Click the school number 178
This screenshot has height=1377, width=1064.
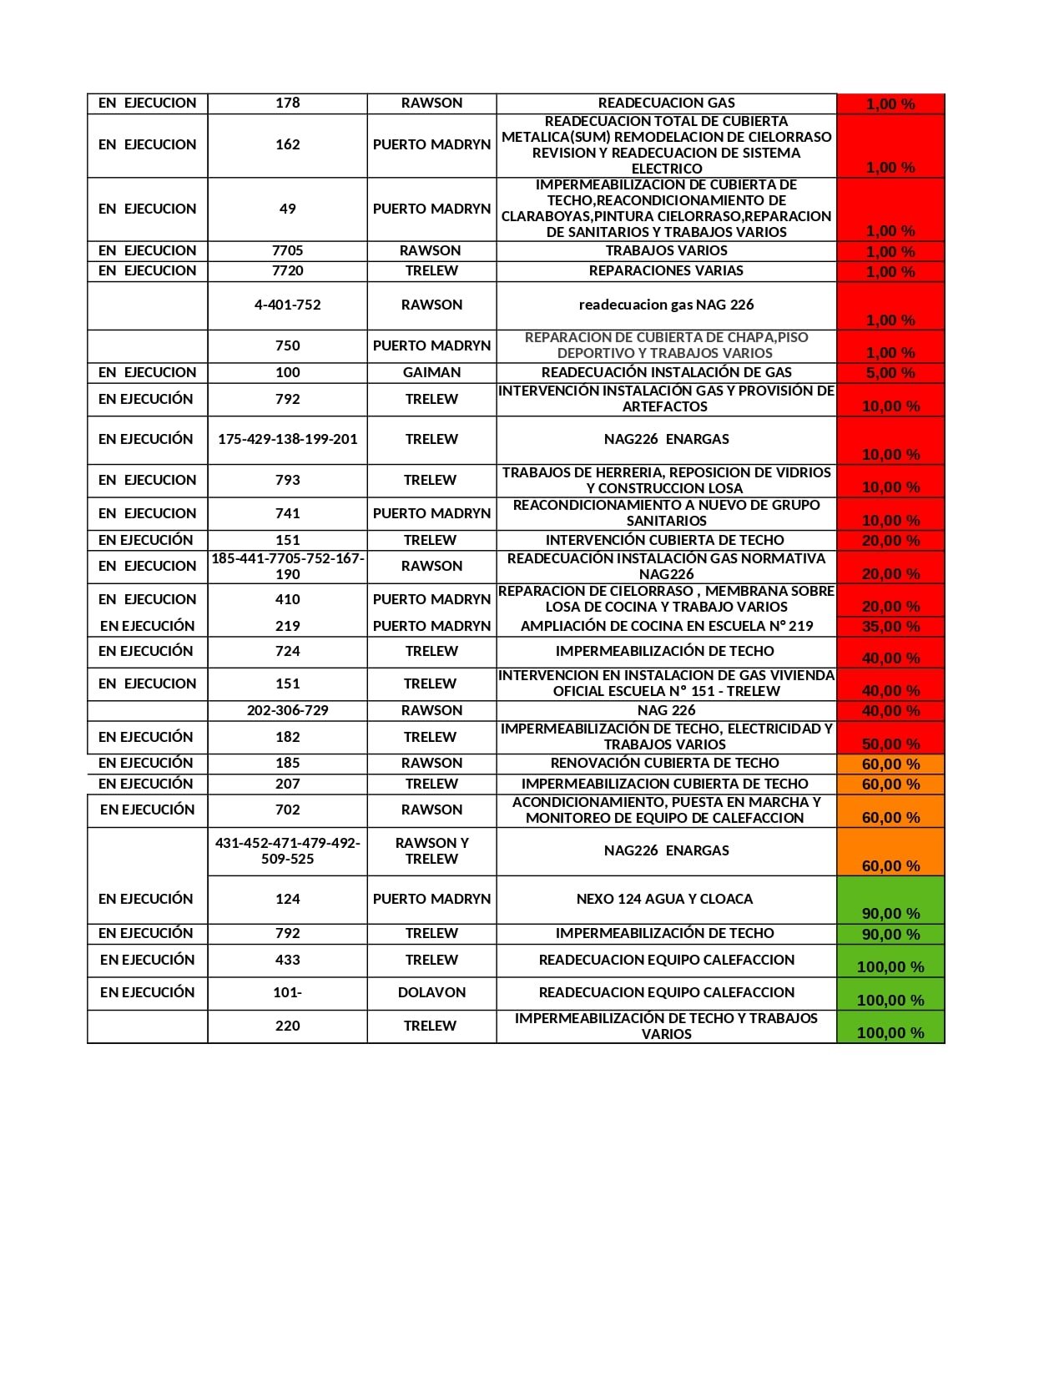click(287, 103)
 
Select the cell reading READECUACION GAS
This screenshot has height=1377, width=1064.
click(666, 103)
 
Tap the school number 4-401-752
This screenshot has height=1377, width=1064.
click(287, 305)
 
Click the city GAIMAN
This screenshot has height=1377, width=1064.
click(431, 372)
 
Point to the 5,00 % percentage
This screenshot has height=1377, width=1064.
click(890, 373)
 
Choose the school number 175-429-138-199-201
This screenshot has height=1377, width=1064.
click(287, 439)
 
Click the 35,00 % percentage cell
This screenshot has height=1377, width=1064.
click(890, 627)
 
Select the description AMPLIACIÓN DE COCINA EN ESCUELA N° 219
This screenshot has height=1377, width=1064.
click(666, 626)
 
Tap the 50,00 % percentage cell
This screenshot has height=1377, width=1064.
click(890, 744)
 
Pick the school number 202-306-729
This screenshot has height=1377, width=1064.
click(287, 710)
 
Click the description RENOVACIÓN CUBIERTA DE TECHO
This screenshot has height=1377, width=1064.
click(664, 763)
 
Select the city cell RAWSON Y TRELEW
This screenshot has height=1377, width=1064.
click(431, 850)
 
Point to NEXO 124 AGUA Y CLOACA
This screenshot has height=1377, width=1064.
click(664, 899)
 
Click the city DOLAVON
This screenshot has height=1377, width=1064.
click(431, 992)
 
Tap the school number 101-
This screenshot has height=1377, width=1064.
click(287, 992)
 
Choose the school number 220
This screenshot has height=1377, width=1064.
click(287, 1026)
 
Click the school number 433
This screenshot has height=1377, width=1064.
click(287, 960)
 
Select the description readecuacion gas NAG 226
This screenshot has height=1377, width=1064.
click(666, 305)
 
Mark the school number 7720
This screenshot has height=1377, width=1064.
click(287, 270)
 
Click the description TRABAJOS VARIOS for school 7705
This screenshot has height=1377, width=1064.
click(666, 250)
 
